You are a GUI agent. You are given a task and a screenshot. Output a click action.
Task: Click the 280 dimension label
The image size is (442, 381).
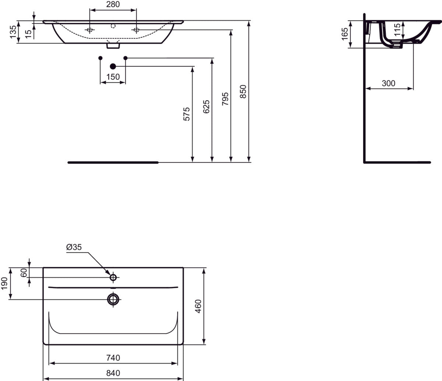[x=113, y=5]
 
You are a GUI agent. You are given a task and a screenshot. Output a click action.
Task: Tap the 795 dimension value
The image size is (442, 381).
[x=225, y=99]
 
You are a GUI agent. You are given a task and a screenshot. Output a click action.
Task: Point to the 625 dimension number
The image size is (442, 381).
[x=206, y=106]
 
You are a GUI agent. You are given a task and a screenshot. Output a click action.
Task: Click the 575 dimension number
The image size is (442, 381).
[x=187, y=114]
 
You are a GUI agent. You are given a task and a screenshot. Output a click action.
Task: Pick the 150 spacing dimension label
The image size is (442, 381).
[x=113, y=77]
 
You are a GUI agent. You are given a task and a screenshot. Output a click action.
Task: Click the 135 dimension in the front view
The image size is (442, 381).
[x=13, y=32]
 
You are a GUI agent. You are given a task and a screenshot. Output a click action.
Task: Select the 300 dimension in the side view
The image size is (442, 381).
[x=388, y=83]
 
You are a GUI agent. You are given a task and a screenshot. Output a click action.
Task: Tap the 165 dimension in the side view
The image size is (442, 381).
[x=345, y=34]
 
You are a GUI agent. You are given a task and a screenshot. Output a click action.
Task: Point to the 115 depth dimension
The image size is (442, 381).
[x=397, y=29]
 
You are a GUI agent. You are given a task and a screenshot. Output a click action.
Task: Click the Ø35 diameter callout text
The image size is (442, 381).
[x=74, y=247]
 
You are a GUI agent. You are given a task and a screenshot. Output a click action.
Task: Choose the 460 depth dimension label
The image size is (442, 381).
[x=198, y=306]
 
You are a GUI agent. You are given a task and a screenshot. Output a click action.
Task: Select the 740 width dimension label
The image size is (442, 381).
[x=113, y=357]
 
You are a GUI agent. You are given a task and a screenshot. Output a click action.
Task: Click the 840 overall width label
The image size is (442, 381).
[x=113, y=373]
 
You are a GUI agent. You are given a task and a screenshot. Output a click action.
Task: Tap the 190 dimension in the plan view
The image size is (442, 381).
[x=5, y=283]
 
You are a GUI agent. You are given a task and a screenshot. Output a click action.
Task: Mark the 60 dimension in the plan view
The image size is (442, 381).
[x=24, y=273]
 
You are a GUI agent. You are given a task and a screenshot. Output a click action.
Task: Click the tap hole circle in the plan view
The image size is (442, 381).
[x=113, y=277]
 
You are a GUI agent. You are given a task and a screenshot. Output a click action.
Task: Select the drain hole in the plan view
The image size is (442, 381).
[x=113, y=299]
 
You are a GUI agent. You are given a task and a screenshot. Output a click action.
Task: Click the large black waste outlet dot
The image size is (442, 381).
[x=113, y=66]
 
